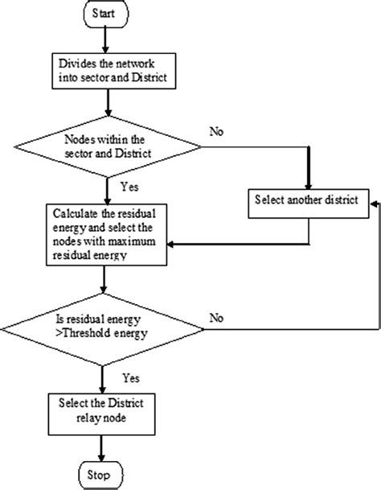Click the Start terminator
(x=105, y=15)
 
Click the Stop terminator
(x=100, y=471)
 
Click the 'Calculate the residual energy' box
(x=105, y=233)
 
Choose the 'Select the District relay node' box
(x=100, y=409)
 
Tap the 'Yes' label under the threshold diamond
(x=131, y=376)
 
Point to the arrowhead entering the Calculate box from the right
(x=174, y=243)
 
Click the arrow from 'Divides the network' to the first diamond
(x=105, y=102)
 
